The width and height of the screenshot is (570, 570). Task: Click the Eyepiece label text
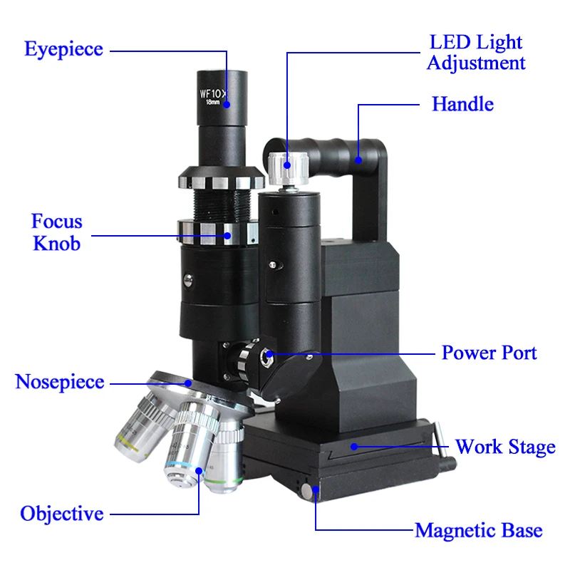pos(63,50)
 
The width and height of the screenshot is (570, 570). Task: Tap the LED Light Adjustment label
pos(475,53)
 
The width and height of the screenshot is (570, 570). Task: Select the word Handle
pos(462,105)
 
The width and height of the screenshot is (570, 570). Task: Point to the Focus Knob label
pos(56,232)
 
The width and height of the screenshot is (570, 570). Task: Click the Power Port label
pos(489,353)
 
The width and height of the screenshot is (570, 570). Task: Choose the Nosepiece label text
pos(60,382)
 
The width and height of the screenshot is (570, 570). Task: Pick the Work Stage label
pos(505,447)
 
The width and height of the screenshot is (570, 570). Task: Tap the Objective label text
pos(62,514)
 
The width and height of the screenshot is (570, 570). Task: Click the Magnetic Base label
pos(478,531)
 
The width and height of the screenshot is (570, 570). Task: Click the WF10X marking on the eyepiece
pos(212,93)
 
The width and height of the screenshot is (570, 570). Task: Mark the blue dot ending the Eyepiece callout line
pos(227,105)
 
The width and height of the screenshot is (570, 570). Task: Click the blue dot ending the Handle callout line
pos(358,159)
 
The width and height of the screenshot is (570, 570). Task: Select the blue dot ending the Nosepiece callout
pos(189,383)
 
